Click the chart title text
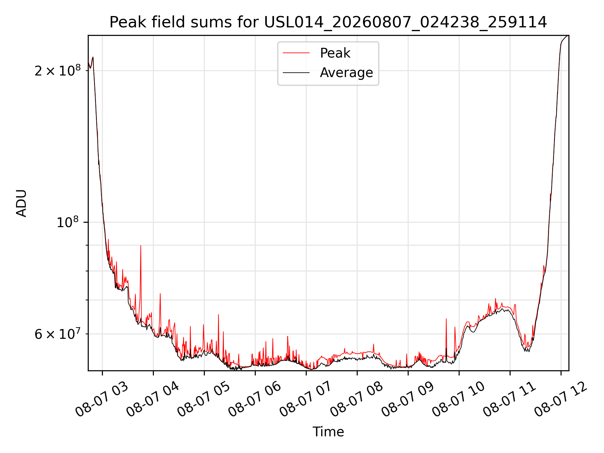click(x=328, y=22)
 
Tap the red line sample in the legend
click(x=296, y=53)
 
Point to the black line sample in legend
click(x=296, y=73)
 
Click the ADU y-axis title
click(x=22, y=203)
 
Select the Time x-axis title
click(x=328, y=432)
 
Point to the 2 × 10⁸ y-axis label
click(x=58, y=70)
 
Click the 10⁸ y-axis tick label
click(x=67, y=222)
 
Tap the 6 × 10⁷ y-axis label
click(x=58, y=334)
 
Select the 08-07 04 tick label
click(x=153, y=400)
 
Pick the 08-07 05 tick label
click(x=204, y=400)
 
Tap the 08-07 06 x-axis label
click(x=255, y=400)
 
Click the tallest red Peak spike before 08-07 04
click(x=141, y=246)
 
